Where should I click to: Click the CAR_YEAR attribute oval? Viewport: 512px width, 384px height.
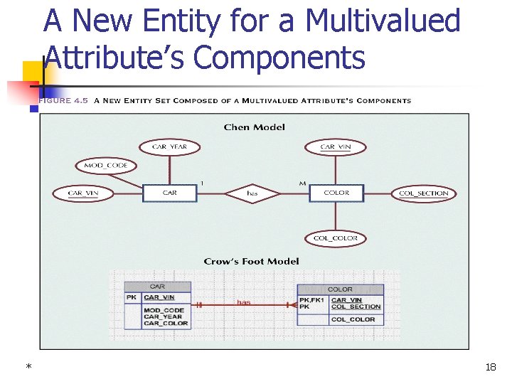[169, 147]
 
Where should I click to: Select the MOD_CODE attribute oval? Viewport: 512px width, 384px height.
[106, 166]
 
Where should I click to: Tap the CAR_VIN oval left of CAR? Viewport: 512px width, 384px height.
[83, 193]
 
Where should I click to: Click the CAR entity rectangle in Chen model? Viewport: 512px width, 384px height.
[170, 193]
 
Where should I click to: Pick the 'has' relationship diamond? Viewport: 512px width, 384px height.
[252, 193]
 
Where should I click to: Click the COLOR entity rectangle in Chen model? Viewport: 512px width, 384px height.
[336, 193]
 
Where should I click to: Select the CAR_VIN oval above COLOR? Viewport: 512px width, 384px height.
[336, 147]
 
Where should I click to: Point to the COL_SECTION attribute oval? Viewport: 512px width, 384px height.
[424, 193]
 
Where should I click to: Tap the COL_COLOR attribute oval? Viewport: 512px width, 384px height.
[336, 238]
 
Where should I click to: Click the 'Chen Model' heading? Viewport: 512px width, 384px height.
[254, 127]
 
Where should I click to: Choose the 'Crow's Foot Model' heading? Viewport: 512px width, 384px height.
[251, 261]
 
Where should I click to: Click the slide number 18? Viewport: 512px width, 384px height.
[490, 367]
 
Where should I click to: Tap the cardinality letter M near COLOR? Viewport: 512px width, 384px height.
[302, 183]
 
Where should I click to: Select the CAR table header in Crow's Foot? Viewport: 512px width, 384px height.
[157, 287]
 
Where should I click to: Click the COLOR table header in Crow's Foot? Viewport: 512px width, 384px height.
[340, 289]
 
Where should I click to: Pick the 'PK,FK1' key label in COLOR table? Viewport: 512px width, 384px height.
[312, 300]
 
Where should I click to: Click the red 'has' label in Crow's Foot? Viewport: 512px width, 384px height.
[244, 302]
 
